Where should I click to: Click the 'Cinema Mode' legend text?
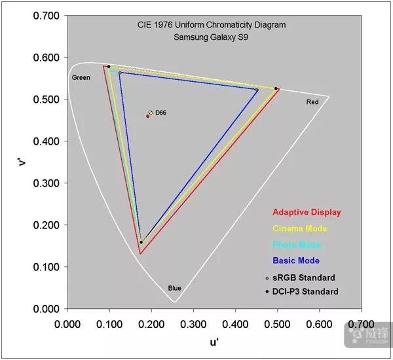point(299,228)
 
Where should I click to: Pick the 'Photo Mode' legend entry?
point(297,245)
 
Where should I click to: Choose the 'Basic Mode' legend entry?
point(297,261)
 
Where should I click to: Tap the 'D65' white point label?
point(161,113)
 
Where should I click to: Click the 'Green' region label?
point(81,78)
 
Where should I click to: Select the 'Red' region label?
point(312,103)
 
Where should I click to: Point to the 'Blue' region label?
point(174,288)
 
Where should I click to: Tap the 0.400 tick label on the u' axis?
point(235,323)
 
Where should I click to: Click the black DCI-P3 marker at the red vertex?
point(276,88)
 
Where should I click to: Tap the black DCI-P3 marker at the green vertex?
point(109,67)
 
